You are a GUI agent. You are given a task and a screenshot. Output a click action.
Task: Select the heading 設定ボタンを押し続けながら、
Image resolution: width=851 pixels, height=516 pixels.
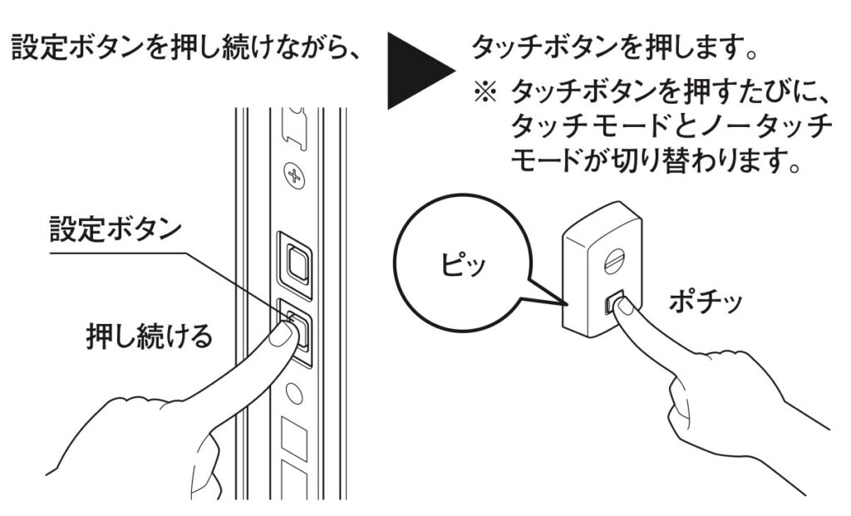[184, 48]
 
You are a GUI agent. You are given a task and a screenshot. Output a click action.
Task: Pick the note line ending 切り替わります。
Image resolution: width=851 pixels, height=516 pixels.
[656, 158]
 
